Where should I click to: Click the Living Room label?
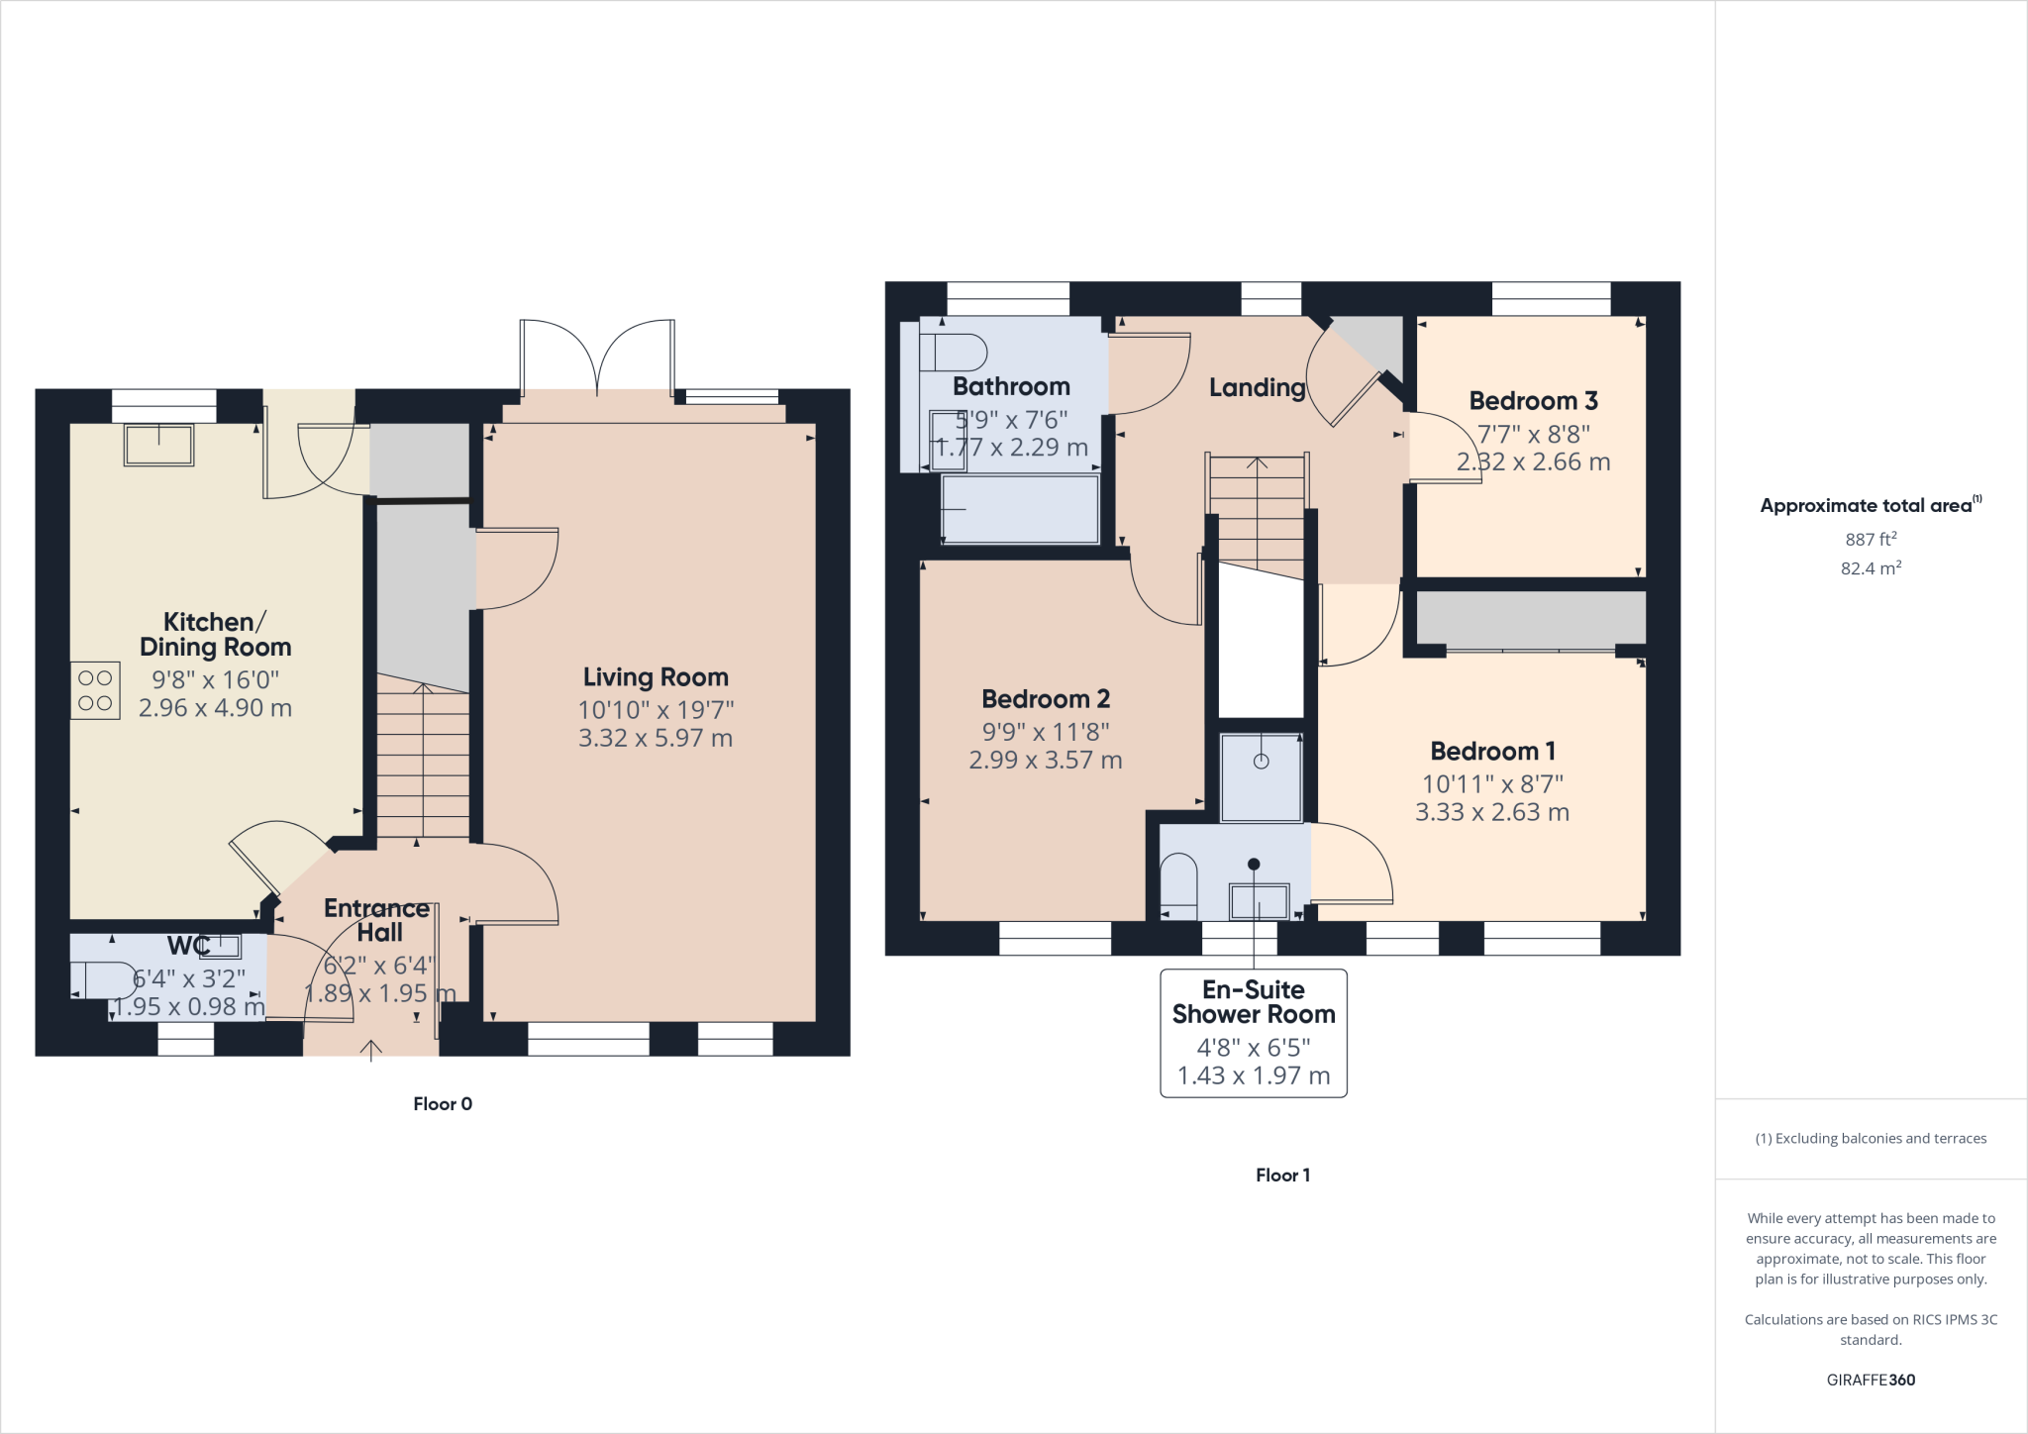[x=656, y=677]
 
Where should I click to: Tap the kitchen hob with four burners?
[x=95, y=690]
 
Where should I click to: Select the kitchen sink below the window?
[x=158, y=445]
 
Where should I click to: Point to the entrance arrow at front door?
[x=371, y=1050]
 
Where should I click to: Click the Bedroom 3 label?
[x=1533, y=401]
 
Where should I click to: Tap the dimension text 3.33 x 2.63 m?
[x=1491, y=813]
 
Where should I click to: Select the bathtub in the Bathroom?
[x=1020, y=509]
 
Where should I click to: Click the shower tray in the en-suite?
[x=1261, y=777]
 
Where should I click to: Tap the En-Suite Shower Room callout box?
[x=1254, y=1033]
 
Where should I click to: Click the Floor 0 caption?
[x=443, y=1104]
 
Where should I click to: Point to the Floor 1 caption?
[x=1282, y=1176]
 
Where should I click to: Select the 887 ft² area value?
[x=1871, y=540]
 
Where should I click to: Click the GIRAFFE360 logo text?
[x=1871, y=1380]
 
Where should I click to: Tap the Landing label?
[x=1257, y=387]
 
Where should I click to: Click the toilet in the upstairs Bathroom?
[x=953, y=353]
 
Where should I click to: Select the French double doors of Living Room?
[x=597, y=358]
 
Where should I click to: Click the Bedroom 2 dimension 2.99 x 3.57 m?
[x=1045, y=761]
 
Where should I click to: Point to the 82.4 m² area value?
[x=1871, y=568]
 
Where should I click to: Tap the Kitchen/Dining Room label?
[x=215, y=634]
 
